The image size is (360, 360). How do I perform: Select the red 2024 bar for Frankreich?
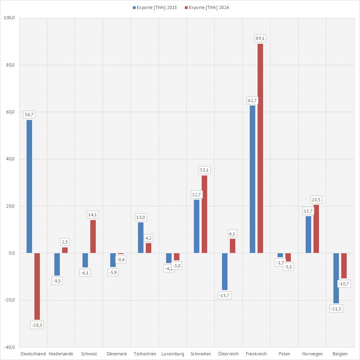pos(260,149)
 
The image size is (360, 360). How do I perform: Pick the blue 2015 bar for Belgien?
pos(336,278)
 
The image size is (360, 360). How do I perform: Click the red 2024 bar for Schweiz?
pos(93,236)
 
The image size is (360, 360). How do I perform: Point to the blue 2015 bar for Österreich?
pos(225,271)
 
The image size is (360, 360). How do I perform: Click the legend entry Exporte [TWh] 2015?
pos(155,7)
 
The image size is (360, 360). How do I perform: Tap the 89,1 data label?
pos(260,38)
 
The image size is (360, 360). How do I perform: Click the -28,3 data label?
pos(37,325)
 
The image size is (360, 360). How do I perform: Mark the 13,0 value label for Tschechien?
pos(141,217)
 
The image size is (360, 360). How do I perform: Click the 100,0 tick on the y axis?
pos(9,18)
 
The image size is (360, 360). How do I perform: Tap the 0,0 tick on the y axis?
pos(10,253)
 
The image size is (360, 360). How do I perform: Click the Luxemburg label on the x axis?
pos(172,354)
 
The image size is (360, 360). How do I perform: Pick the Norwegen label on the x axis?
pos(312,354)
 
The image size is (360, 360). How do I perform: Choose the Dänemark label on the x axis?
pos(117,354)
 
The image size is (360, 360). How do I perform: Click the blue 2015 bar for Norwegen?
pos(308,235)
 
